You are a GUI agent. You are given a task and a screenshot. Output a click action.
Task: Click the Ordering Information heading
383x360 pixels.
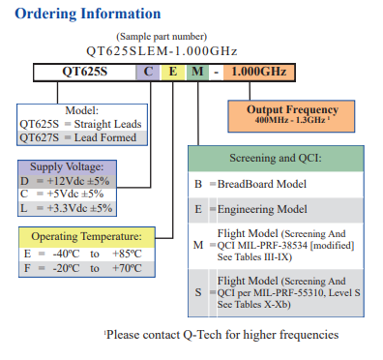click(x=87, y=14)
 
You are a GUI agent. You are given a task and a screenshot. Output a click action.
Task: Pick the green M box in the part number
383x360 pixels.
click(x=196, y=72)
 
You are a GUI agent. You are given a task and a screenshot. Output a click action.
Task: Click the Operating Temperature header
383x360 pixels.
click(x=86, y=237)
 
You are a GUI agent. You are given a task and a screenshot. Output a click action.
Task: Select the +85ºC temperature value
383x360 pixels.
click(x=128, y=254)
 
